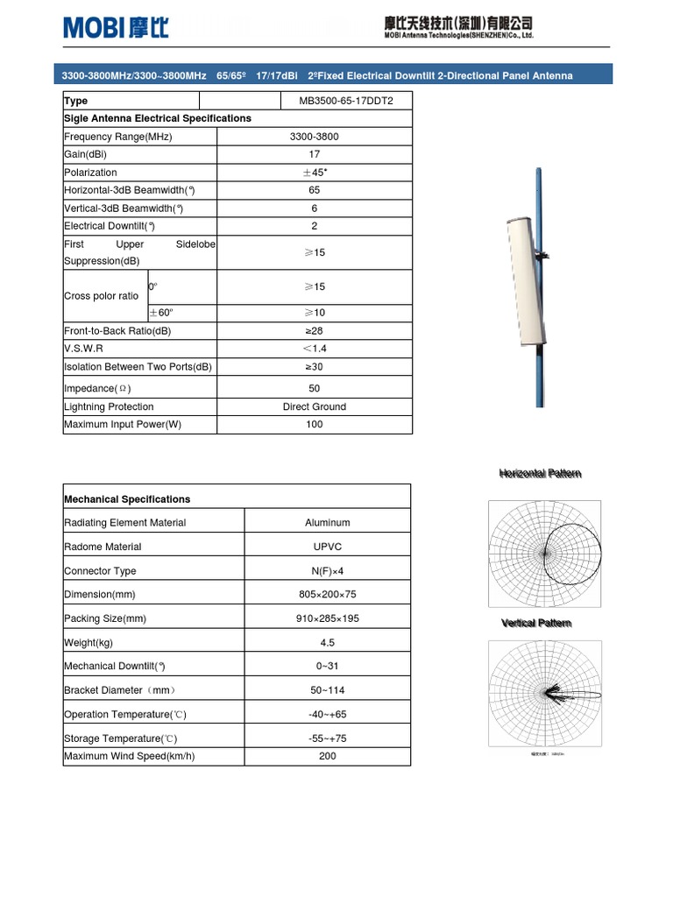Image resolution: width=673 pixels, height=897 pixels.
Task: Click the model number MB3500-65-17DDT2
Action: pyautogui.click(x=346, y=101)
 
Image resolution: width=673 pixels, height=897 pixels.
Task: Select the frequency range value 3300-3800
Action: pyautogui.click(x=314, y=137)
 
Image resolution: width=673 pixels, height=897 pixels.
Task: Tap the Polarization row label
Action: pyautogui.click(x=90, y=173)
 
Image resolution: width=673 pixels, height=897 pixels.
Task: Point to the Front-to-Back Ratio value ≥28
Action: pyautogui.click(x=314, y=331)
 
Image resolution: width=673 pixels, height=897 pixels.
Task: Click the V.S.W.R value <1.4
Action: pyautogui.click(x=314, y=349)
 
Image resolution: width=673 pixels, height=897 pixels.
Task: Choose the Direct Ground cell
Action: pyautogui.click(x=314, y=406)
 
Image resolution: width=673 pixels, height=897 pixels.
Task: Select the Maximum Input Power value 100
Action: pyautogui.click(x=314, y=424)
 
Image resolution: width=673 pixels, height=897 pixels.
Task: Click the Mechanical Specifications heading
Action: pyautogui.click(x=127, y=499)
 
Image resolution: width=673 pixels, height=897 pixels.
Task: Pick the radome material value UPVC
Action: pyautogui.click(x=328, y=547)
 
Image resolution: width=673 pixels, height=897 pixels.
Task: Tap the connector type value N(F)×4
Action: pyautogui.click(x=328, y=570)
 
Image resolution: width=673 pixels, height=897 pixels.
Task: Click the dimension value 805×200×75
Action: pyautogui.click(x=328, y=594)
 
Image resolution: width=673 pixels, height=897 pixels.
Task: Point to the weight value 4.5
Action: pyautogui.click(x=328, y=642)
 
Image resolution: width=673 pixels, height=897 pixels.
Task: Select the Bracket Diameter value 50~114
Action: pyautogui.click(x=328, y=690)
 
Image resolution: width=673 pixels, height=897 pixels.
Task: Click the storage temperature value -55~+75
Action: pyautogui.click(x=328, y=738)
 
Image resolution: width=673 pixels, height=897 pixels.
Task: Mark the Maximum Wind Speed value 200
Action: pyautogui.click(x=328, y=756)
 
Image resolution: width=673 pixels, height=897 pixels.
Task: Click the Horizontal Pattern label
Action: pyautogui.click(x=540, y=474)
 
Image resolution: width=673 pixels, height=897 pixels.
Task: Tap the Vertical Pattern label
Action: pyautogui.click(x=536, y=623)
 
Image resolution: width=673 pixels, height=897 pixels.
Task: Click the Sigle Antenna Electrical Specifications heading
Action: pyautogui.click(x=158, y=118)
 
